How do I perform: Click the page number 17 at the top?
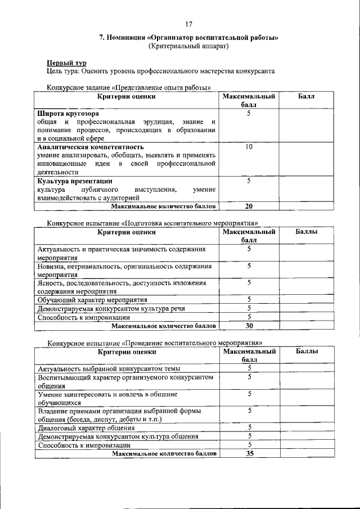188,24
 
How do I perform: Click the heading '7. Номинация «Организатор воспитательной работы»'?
188,38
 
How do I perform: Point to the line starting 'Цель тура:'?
160,71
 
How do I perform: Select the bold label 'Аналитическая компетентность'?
89,146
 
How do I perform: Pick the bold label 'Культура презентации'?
75,181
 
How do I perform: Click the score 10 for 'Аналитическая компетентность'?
249,146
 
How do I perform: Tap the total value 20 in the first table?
249,206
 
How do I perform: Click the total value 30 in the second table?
249,325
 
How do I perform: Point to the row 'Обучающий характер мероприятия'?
92,300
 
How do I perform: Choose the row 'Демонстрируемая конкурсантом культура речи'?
111,308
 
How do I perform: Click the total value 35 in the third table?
249,453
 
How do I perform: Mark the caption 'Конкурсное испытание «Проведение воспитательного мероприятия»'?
155,343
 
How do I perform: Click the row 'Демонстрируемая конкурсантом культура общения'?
118,436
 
